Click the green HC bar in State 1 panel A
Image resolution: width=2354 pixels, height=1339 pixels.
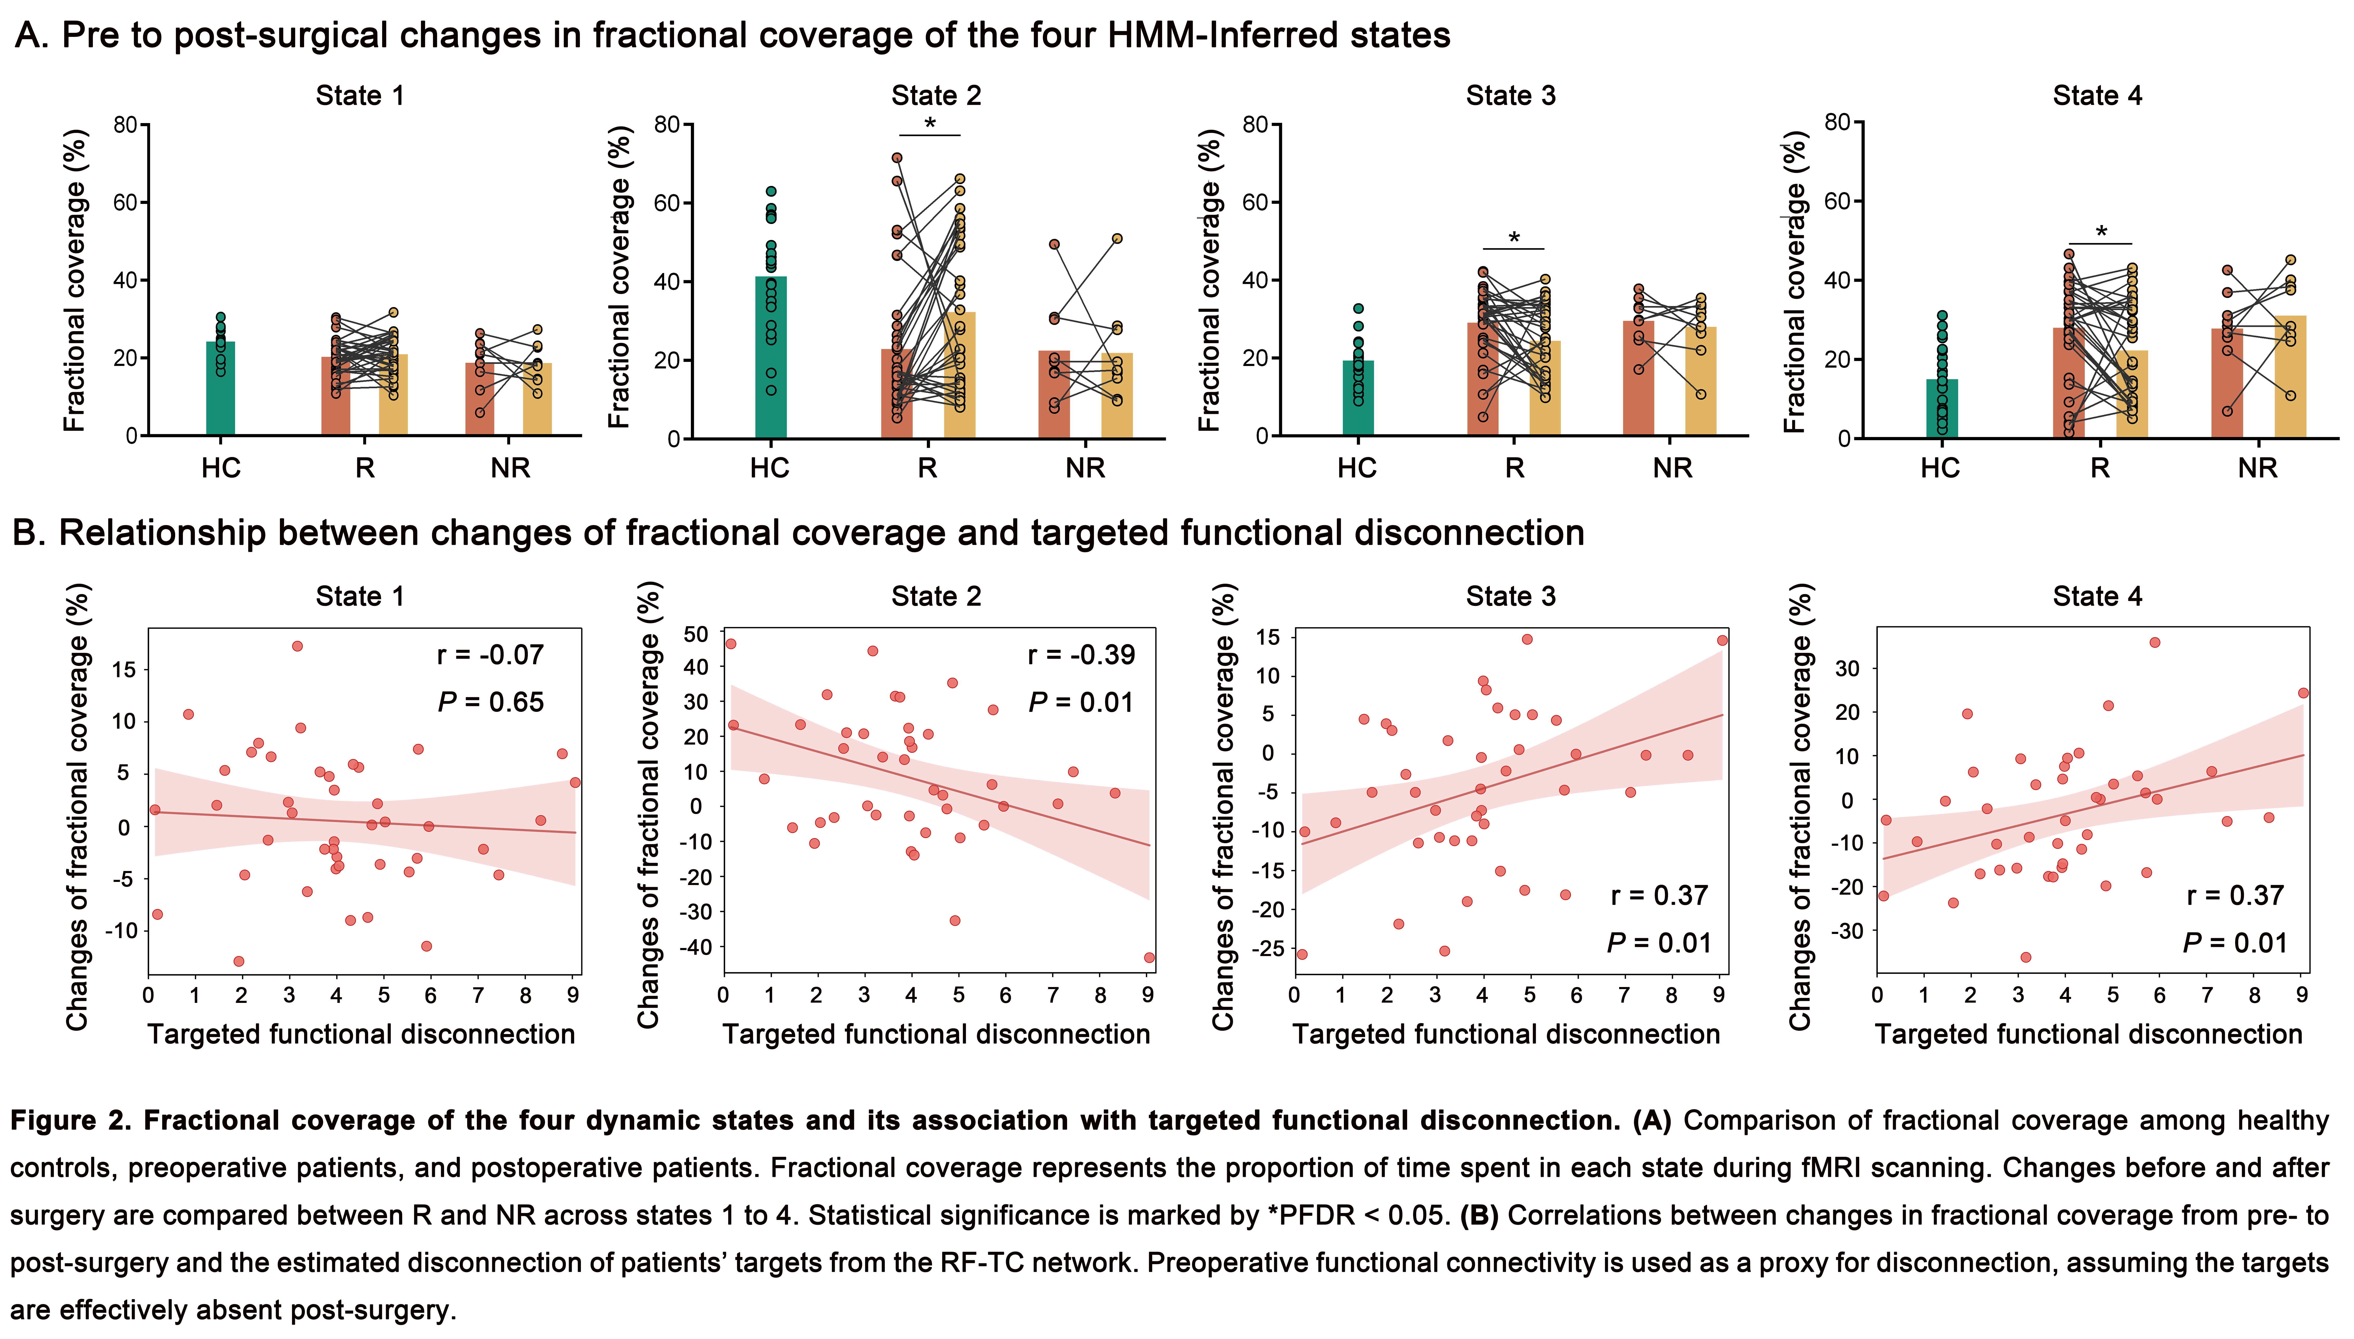221,391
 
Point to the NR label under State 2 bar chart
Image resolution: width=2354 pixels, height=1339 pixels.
1085,468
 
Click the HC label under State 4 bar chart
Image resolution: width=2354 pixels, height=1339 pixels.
1940,468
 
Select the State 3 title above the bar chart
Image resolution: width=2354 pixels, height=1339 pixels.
1511,96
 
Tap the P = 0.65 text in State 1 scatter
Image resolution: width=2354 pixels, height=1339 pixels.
491,703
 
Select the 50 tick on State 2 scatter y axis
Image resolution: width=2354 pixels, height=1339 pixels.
696,634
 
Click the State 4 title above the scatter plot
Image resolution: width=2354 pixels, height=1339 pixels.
2098,597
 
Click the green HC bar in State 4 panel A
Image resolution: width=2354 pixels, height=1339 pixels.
1942,409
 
